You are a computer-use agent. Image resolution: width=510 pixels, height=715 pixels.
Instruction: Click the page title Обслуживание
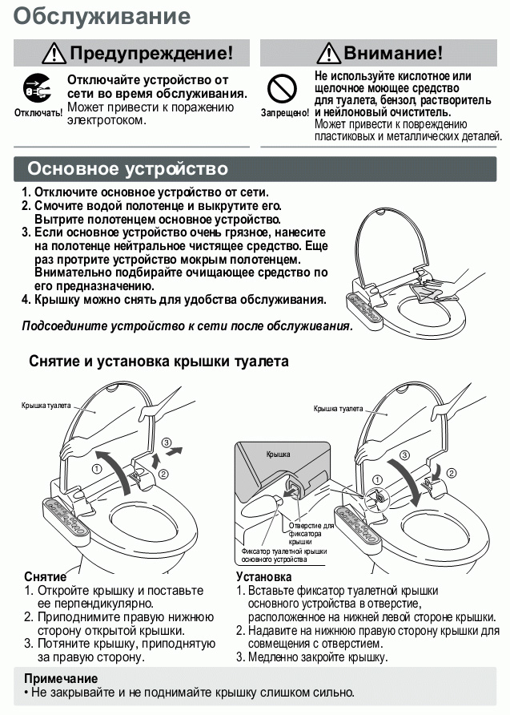[102, 16]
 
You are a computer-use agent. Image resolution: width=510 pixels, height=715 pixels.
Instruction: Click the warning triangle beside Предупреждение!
[55, 54]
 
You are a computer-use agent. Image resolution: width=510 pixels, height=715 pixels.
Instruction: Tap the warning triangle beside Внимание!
[328, 54]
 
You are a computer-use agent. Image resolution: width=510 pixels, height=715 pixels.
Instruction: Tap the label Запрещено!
[284, 113]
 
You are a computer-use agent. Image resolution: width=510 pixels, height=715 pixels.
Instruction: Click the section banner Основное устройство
[128, 169]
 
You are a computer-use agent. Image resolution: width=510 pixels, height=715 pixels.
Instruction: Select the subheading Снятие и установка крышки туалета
[159, 362]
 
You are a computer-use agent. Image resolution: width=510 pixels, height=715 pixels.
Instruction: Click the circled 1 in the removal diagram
[98, 469]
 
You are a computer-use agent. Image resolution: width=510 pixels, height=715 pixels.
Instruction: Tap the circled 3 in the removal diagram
[166, 442]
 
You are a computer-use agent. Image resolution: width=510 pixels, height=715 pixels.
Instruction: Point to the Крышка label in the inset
[277, 454]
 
